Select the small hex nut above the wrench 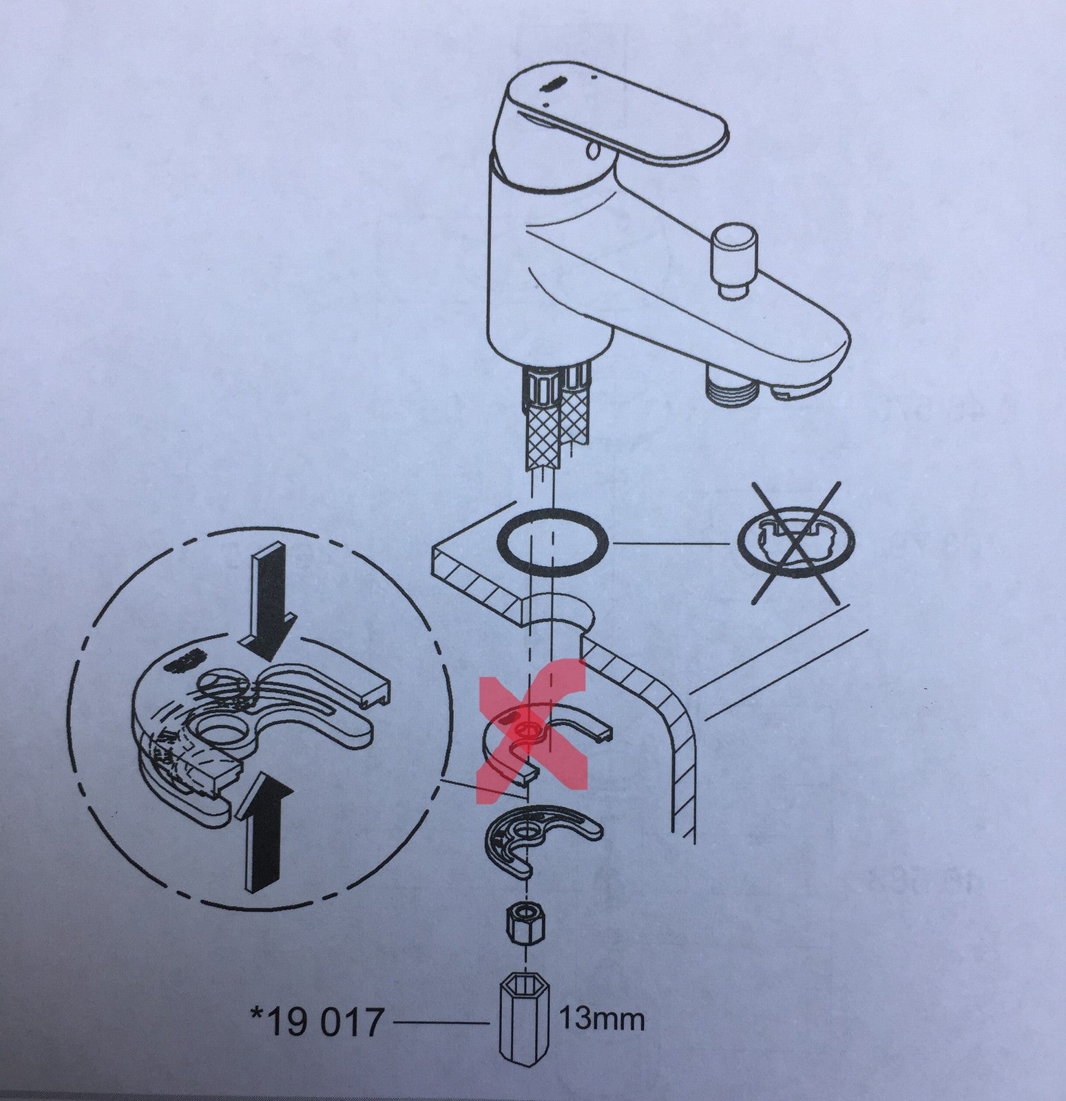[525, 928]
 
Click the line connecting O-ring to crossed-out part [673, 544]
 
